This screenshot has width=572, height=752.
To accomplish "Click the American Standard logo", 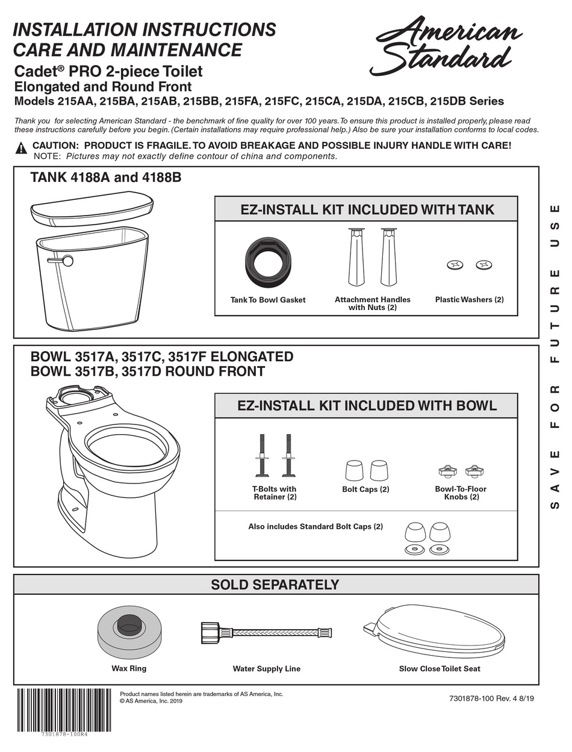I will (x=445, y=45).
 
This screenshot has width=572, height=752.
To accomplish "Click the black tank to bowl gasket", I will (x=268, y=259).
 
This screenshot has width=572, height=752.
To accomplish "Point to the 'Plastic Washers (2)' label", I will (x=469, y=299).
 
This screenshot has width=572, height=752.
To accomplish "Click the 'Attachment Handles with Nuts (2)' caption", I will (x=372, y=303).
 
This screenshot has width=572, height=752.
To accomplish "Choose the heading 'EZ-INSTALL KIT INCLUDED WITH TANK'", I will (x=367, y=210).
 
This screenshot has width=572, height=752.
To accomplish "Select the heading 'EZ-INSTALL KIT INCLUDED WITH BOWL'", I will (x=367, y=405).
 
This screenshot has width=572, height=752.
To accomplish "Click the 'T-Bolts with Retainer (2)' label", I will (x=275, y=493).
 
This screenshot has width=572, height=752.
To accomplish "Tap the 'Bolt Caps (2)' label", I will (x=365, y=489).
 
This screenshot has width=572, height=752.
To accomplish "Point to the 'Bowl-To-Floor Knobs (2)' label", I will (x=461, y=493).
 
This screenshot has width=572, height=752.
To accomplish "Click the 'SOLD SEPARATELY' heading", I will (x=275, y=585).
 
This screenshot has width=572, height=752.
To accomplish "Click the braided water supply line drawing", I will (x=266, y=632).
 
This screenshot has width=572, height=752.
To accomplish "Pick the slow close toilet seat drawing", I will (x=434, y=632).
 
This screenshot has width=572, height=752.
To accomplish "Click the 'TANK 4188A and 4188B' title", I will (x=106, y=178).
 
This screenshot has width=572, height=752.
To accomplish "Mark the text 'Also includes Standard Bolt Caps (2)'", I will (x=316, y=526).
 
